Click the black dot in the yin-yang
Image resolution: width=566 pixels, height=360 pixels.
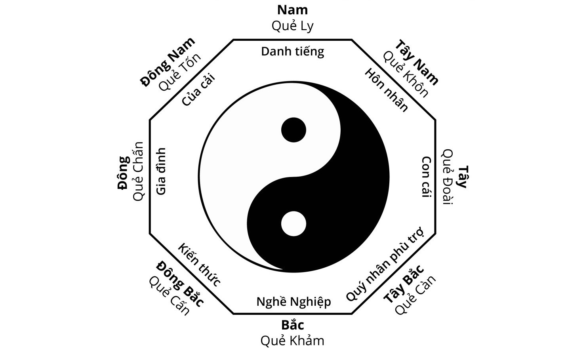293,130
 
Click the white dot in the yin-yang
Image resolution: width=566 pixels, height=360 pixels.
293,224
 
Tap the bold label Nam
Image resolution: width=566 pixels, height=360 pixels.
293,10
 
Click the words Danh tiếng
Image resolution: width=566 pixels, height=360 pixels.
293,51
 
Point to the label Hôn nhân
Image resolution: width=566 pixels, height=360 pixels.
386,90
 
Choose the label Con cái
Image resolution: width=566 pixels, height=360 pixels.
427,177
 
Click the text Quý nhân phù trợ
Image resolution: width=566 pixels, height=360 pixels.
385,264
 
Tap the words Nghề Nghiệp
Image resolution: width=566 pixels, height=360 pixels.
293,302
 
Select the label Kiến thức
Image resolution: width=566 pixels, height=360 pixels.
199,265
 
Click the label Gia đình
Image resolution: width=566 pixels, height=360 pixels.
161,171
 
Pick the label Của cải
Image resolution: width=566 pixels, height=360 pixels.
198,90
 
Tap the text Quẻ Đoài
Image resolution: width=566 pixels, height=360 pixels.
448,177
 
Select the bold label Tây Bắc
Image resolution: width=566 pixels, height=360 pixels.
404,284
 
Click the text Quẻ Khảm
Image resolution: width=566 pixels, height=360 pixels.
292,341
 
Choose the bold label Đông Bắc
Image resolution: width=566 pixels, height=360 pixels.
180,284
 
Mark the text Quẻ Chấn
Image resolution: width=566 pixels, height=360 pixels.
139,171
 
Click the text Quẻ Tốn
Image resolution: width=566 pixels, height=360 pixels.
180,72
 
